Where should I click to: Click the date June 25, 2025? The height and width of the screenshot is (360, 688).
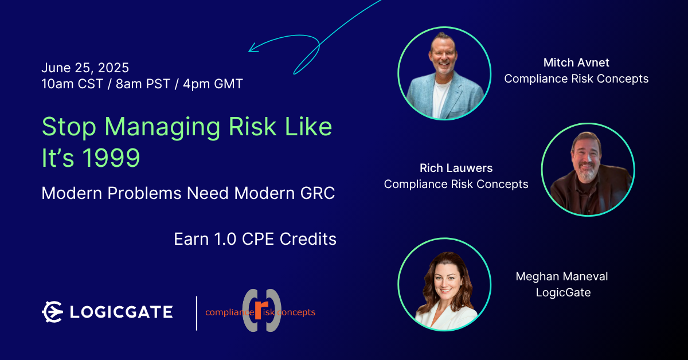[85, 68]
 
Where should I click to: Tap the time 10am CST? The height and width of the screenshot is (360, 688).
[72, 84]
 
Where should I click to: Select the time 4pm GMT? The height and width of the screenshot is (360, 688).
[213, 84]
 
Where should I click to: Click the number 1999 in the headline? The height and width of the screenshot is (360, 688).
[111, 158]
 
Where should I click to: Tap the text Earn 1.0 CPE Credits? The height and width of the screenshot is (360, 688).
[255, 239]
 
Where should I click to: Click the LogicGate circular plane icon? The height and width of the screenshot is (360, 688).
[52, 312]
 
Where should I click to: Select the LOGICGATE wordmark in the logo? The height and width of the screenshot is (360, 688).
[122, 312]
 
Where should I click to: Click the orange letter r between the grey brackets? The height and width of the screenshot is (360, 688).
[261, 310]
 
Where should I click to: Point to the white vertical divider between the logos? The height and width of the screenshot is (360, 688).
[197, 314]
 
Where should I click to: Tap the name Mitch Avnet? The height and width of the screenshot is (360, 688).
[576, 62]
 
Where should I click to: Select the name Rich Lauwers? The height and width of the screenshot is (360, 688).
[456, 168]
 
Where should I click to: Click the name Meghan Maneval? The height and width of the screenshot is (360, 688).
[562, 276]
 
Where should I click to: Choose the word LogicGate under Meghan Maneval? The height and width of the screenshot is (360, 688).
[563, 292]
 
